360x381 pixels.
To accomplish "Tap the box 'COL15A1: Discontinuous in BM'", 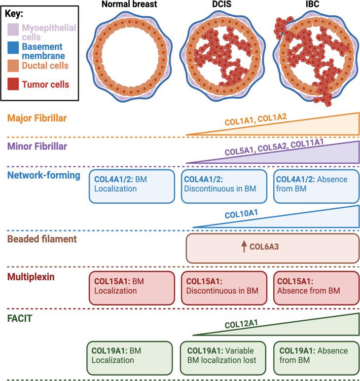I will [x=224, y=286].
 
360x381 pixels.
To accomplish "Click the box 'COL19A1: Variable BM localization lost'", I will [x=224, y=355].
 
